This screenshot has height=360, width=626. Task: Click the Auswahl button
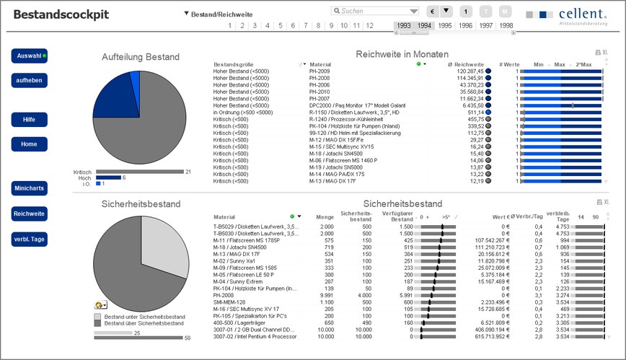coord(29,56)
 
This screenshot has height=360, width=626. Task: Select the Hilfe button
coord(29,119)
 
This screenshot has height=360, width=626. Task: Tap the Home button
coord(29,144)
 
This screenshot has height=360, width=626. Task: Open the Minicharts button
coord(29,189)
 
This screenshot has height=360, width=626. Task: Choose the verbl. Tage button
coord(29,239)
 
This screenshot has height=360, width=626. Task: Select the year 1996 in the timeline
coord(466,25)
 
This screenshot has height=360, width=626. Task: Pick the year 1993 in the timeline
coord(404,25)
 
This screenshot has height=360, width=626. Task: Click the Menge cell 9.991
coord(325,294)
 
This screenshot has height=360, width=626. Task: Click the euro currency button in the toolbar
coord(433,12)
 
